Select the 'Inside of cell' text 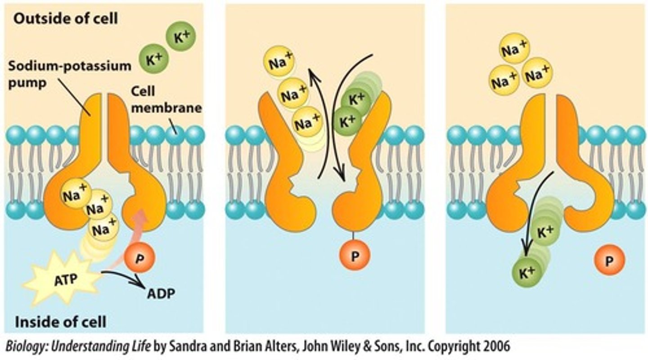61,322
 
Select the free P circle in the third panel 609,261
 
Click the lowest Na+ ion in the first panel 103,230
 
